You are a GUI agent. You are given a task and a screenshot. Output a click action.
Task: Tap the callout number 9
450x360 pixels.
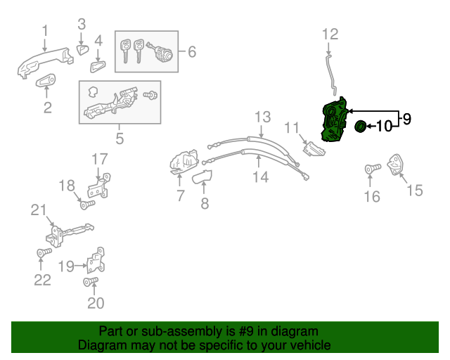point(406,119)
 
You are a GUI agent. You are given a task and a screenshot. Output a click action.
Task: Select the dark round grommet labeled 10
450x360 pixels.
point(360,127)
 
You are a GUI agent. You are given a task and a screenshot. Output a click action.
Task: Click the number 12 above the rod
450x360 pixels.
point(330,33)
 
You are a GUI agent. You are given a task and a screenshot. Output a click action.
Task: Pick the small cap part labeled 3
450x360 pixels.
point(82,49)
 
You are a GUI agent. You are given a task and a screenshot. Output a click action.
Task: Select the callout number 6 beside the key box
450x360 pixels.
point(191,51)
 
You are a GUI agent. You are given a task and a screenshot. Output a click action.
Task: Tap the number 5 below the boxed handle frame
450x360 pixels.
point(120,139)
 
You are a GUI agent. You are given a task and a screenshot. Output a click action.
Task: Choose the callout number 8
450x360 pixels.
point(205,204)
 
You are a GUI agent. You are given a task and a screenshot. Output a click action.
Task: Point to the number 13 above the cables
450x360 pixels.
point(262,116)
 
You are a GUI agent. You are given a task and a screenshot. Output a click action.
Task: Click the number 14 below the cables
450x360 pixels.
point(260,177)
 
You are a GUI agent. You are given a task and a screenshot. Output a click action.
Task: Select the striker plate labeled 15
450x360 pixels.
point(398,165)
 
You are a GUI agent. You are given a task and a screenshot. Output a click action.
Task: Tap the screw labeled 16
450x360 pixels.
point(371,169)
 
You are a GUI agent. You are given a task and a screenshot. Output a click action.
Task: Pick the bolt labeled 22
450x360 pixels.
point(41,252)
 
